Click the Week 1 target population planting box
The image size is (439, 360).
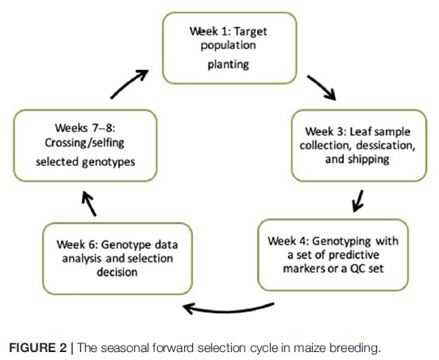[229, 48]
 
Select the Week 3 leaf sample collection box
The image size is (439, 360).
[359, 145]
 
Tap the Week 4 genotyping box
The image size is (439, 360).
[333, 255]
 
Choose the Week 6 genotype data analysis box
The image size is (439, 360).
[117, 258]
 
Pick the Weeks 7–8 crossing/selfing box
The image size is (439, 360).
[85, 145]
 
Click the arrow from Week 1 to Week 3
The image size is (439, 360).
[322, 87]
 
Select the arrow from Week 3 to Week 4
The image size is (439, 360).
[358, 201]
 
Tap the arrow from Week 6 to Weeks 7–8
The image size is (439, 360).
[89, 203]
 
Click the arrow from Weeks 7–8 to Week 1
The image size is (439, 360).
[129, 83]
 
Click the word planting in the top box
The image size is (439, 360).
[228, 64]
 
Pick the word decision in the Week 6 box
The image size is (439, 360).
[117, 273]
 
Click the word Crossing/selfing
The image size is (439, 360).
[85, 143]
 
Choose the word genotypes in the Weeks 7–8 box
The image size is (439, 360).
[109, 162]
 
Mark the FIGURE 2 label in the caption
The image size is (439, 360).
[38, 348]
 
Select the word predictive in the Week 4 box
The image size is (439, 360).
[354, 255]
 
